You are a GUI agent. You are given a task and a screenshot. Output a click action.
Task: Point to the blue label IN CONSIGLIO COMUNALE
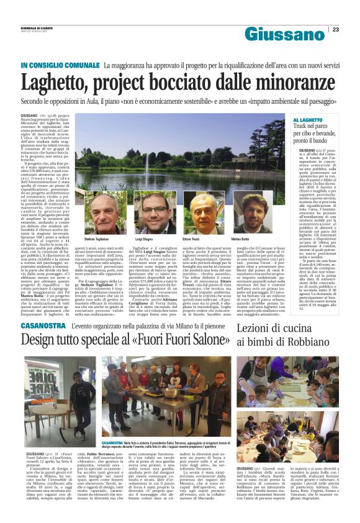[x=60, y=65]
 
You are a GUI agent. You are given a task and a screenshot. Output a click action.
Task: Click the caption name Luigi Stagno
[x=144, y=239]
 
